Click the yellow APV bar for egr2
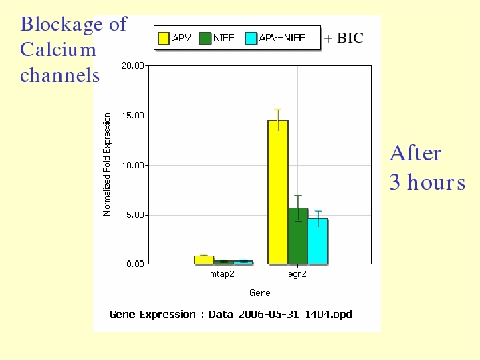(x=278, y=192)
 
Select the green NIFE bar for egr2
(x=297, y=236)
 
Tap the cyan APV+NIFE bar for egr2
(x=318, y=241)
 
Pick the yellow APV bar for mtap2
(x=204, y=260)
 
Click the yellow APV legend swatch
(x=164, y=39)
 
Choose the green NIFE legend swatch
(x=205, y=39)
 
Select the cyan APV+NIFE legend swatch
(x=251, y=39)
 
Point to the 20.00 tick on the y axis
(x=133, y=65)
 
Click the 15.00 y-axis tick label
(x=133, y=116)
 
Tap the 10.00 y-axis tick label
(x=133, y=165)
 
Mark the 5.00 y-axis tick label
(x=135, y=215)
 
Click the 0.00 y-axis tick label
(x=135, y=264)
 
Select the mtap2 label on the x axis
(x=222, y=274)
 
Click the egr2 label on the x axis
(x=297, y=274)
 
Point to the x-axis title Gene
(x=260, y=293)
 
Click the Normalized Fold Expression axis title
(x=106, y=164)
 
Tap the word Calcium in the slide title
(x=58, y=49)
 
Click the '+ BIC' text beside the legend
(x=344, y=38)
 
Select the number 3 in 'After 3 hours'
(x=394, y=182)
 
